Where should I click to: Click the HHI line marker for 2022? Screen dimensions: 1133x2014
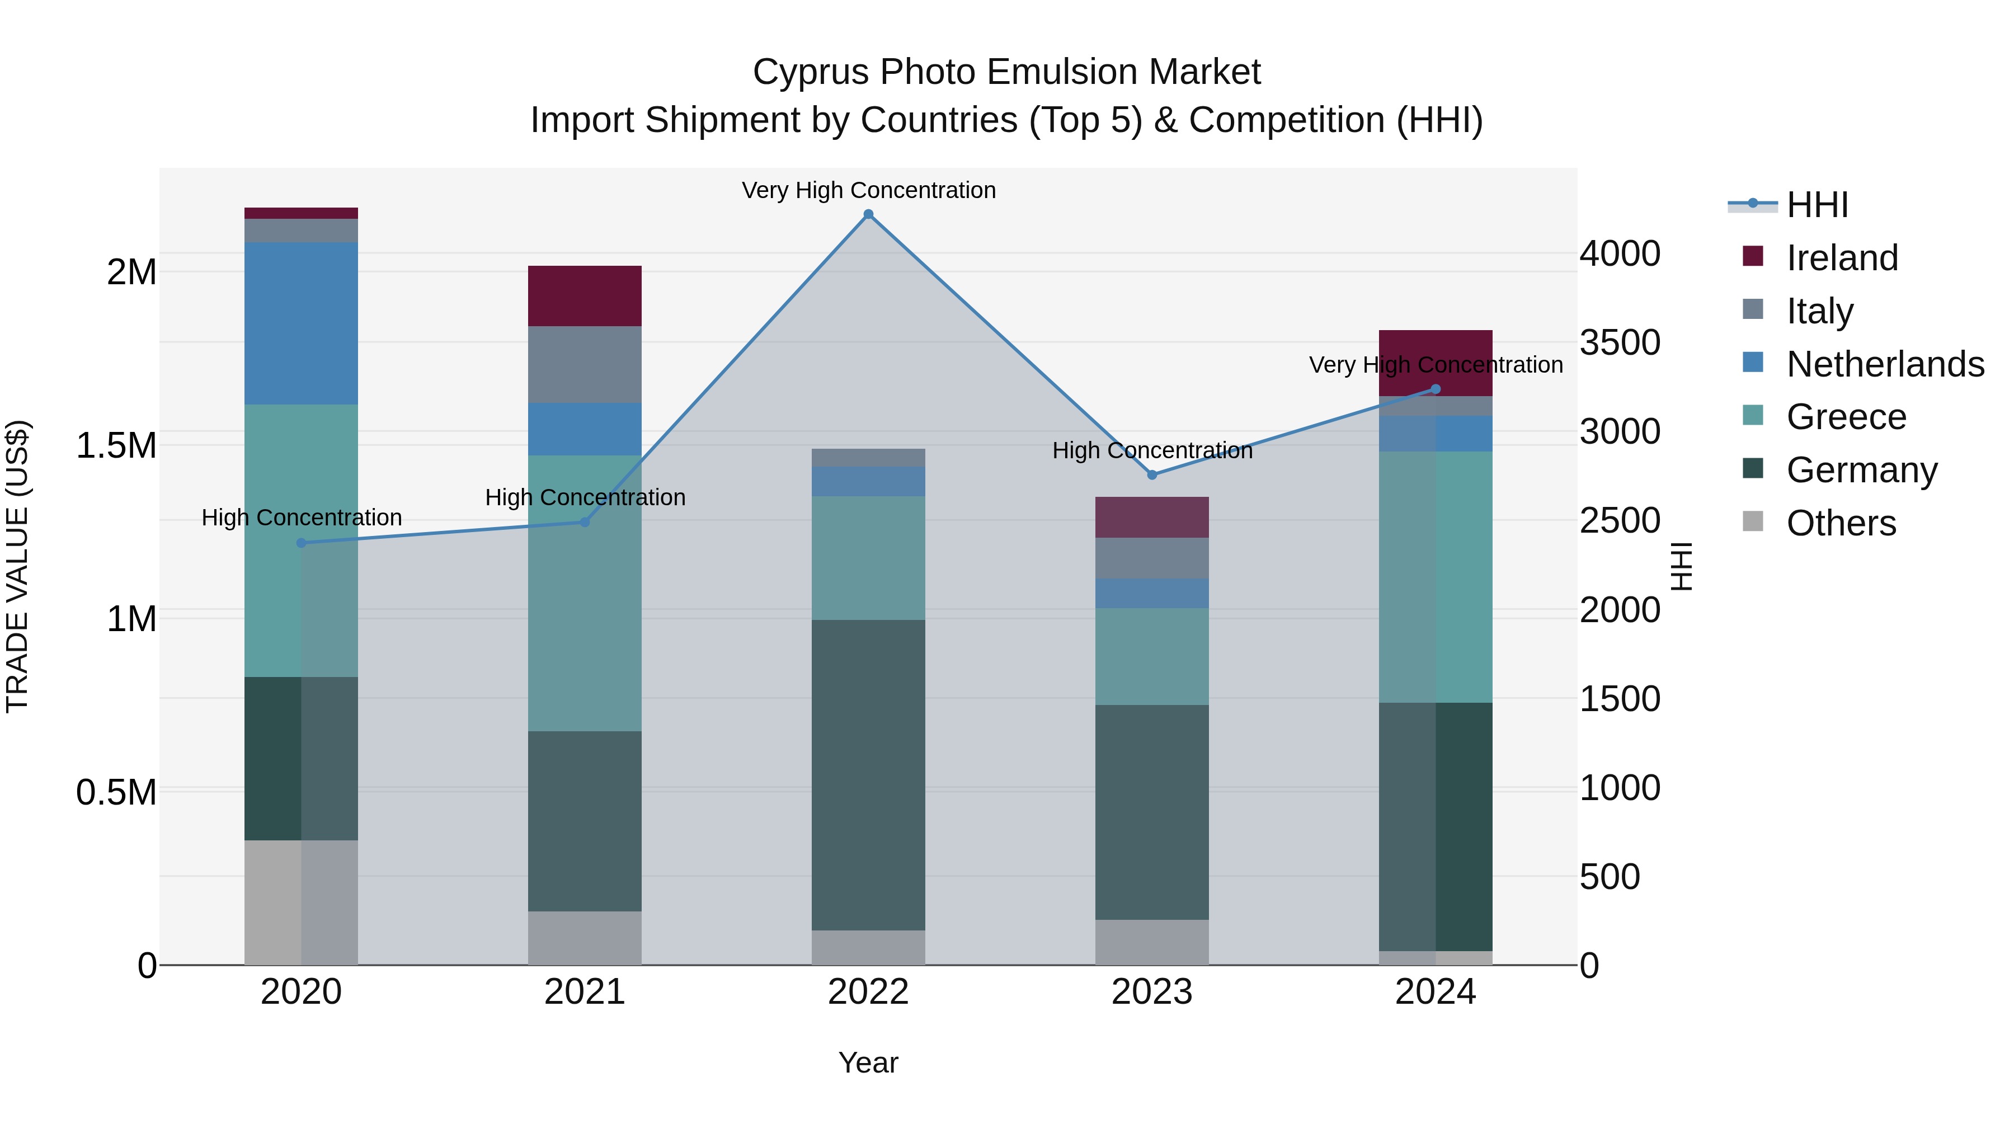(x=868, y=214)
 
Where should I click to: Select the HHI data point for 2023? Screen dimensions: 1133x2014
(x=1152, y=474)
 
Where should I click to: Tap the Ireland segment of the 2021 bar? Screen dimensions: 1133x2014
(x=584, y=295)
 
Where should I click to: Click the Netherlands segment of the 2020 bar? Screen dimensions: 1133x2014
(x=301, y=323)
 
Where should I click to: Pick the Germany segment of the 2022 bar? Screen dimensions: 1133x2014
(x=868, y=774)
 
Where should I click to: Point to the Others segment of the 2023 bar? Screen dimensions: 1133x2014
(x=1152, y=942)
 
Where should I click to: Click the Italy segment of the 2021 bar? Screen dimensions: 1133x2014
(x=584, y=364)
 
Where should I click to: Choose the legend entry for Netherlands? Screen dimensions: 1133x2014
(x=1885, y=364)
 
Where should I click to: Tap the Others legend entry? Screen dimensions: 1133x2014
(x=1841, y=523)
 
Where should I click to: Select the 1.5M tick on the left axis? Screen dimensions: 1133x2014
(x=116, y=446)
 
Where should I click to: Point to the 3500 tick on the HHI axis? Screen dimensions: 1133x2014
(x=1620, y=342)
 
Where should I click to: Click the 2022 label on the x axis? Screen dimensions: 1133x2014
(x=868, y=992)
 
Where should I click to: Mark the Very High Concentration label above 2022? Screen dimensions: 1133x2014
(x=868, y=190)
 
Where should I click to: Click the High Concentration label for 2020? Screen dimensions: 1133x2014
(x=301, y=518)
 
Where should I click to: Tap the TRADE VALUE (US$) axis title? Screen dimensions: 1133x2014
(x=17, y=566)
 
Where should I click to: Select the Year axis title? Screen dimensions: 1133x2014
(x=868, y=1063)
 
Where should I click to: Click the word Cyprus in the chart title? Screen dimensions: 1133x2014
(x=810, y=72)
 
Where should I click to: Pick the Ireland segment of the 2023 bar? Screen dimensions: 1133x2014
(x=1152, y=517)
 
